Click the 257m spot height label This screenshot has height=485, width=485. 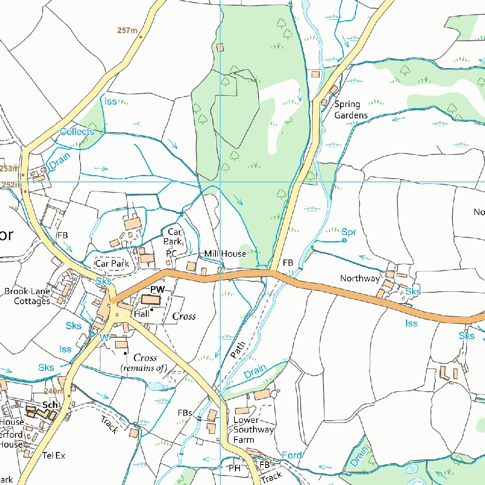[x=127, y=31]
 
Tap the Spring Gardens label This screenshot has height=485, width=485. [x=350, y=109]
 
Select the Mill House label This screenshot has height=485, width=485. [x=225, y=254]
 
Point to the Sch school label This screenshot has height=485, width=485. [x=50, y=405]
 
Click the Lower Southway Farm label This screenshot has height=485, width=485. [x=253, y=430]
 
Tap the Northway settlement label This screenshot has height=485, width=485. [x=360, y=278]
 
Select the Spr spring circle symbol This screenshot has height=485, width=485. [x=344, y=241]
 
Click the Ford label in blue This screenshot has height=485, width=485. [x=292, y=455]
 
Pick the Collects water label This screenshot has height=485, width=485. [x=77, y=132]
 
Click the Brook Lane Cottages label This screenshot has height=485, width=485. [x=27, y=296]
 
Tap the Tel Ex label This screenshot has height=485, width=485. [x=54, y=456]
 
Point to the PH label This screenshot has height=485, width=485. [x=234, y=468]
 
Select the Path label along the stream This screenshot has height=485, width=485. [x=239, y=349]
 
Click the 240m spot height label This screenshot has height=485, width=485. [x=54, y=391]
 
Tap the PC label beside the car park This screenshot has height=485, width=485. [x=171, y=254]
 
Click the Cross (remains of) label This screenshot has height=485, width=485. [x=145, y=362]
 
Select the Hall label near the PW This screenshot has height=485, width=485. [x=142, y=314]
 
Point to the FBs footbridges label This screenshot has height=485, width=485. [x=185, y=413]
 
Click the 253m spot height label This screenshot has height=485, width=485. [x=9, y=169]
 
